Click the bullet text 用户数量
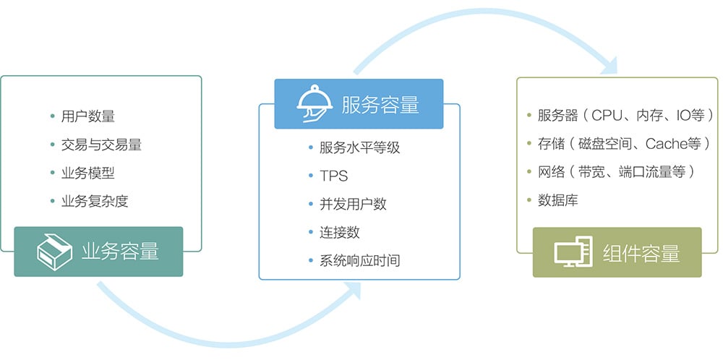pyautogui.click(x=88, y=116)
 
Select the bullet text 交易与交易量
pyautogui.click(x=101, y=145)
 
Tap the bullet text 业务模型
pyautogui.click(x=88, y=173)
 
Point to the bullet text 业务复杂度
pyautogui.click(x=95, y=202)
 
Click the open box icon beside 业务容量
pyautogui.click(x=54, y=252)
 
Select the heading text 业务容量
pyautogui.click(x=120, y=252)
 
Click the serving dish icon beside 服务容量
pyautogui.click(x=315, y=103)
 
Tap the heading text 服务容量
pyautogui.click(x=380, y=104)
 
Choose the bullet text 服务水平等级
pyautogui.click(x=359, y=147)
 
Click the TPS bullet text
pyautogui.click(x=334, y=176)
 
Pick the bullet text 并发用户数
pyautogui.click(x=354, y=204)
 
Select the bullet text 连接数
pyautogui.click(x=340, y=233)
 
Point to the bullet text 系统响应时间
pyautogui.click(x=359, y=261)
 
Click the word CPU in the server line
pyautogui.click(x=607, y=115)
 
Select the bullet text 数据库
pyautogui.click(x=558, y=201)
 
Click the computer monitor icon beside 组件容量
pyautogui.click(x=573, y=252)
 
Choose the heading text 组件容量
pyautogui.click(x=641, y=253)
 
